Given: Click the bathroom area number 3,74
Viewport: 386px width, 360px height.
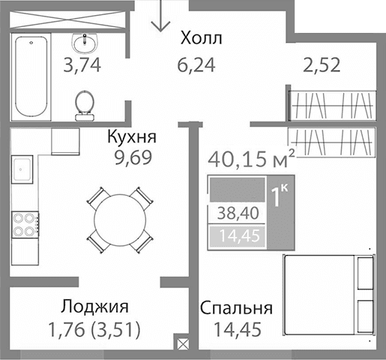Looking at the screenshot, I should click(x=82, y=64).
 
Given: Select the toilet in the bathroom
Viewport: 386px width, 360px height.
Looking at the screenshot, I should click(x=84, y=103).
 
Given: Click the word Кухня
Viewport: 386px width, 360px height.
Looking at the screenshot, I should click(x=131, y=138).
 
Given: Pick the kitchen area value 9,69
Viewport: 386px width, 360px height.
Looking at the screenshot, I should click(x=131, y=159).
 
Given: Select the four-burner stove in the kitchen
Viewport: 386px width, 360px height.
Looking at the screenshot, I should click(x=24, y=223).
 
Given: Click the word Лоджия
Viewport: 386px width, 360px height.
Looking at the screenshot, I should click(x=95, y=307).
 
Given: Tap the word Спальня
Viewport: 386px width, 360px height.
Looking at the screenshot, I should click(x=236, y=308).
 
